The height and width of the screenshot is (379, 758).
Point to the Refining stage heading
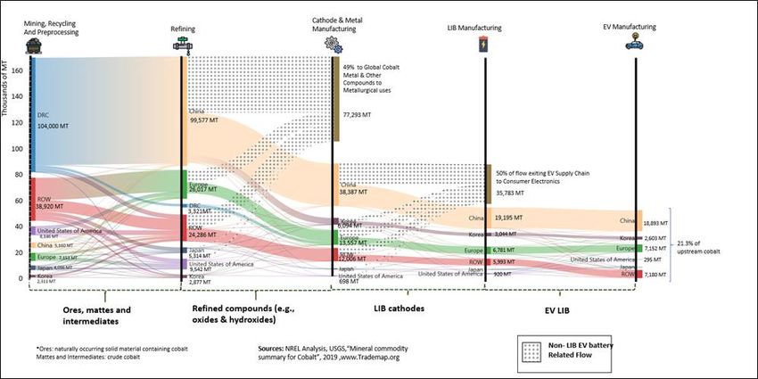pos(183,29)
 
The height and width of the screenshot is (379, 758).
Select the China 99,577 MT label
pos(205,119)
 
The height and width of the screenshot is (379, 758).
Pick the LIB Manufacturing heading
pos(474,29)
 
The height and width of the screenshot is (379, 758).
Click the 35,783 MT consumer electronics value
pos(511,190)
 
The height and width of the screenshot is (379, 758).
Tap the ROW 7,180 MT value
pos(655,274)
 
